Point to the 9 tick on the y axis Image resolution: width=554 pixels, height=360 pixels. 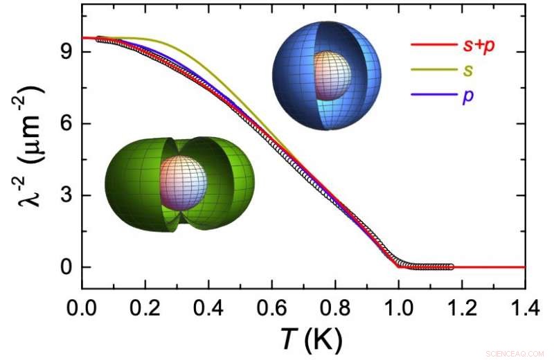tap(66, 51)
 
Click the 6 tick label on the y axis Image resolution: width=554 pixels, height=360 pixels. tap(66, 123)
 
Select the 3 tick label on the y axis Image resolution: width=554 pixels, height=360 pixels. tap(66, 195)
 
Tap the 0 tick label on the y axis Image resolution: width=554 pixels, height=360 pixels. tap(66, 267)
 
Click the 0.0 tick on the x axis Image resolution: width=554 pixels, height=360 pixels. tap(82, 304)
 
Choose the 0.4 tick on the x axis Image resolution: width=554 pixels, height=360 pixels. tap(208, 304)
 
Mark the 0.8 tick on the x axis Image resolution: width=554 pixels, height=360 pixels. tap(335, 304)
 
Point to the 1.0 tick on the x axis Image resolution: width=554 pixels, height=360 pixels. tap(398, 304)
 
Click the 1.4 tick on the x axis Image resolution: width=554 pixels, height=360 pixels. tap(524, 304)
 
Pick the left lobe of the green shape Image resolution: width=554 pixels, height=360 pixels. tap(133, 183)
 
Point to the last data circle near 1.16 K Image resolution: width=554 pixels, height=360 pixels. tap(452, 267)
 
